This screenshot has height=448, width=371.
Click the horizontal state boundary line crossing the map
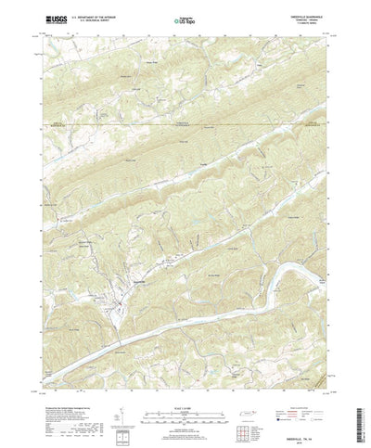coord(185,122)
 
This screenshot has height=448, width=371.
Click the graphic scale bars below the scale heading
coord(185,391)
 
